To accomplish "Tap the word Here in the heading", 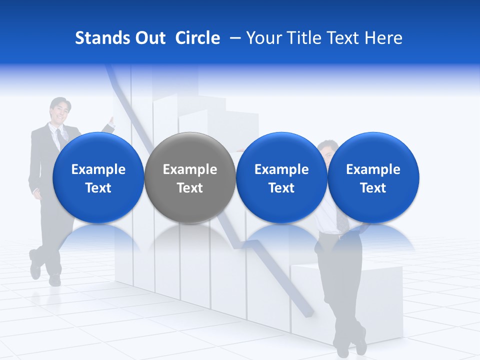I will [x=384, y=38].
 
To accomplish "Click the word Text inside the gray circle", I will [x=189, y=188].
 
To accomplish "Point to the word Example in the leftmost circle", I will [x=98, y=169].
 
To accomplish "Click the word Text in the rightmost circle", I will [x=373, y=188].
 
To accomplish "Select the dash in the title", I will [x=233, y=38].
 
